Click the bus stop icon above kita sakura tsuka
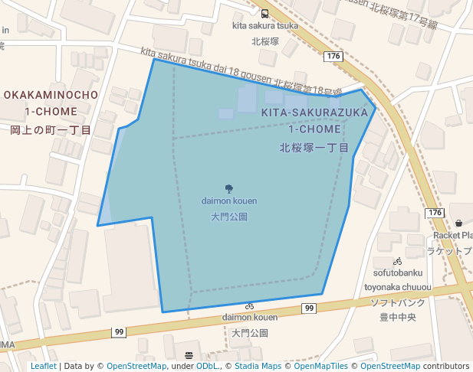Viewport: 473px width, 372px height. pyautogui.click(x=264, y=14)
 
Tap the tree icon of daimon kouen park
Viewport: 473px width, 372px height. pyautogui.click(x=229, y=188)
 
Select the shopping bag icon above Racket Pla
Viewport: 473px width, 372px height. pyautogui.click(x=458, y=223)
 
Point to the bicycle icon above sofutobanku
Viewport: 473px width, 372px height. pyautogui.click(x=397, y=261)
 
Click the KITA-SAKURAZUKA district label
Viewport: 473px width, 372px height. pyautogui.click(x=314, y=113)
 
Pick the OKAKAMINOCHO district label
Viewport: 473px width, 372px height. pyautogui.click(x=51, y=95)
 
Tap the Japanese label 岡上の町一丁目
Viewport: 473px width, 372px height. pyautogui.click(x=51, y=130)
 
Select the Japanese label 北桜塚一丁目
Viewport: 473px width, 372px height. pyautogui.click(x=314, y=147)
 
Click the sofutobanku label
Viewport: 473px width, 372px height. pyautogui.click(x=398, y=273)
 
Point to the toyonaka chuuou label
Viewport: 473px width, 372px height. pyautogui.click(x=398, y=288)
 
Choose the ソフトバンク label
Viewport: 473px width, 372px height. pyautogui.click(x=398, y=302)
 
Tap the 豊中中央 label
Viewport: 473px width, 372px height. pyautogui.click(x=398, y=316)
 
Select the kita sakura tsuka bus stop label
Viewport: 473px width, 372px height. pyautogui.click(x=264, y=25)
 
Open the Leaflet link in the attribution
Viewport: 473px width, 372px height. pyautogui.click(x=43, y=367)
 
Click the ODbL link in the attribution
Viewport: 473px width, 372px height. pyautogui.click(x=206, y=367)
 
